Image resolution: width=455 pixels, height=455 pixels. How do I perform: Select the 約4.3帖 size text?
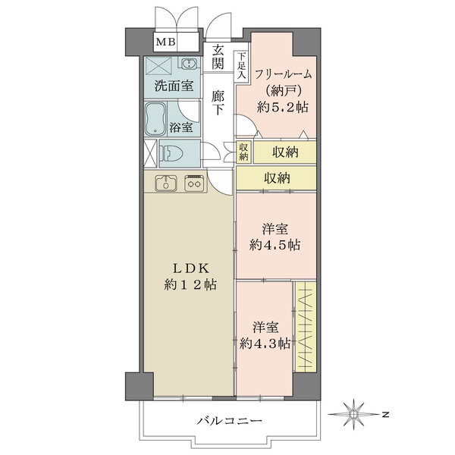click(x=265, y=343)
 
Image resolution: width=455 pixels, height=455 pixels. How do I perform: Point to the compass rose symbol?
click(x=356, y=414)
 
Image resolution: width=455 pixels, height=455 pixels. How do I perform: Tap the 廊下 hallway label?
click(x=218, y=103)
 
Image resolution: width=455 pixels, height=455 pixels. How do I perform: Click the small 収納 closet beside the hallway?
click(x=243, y=152)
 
